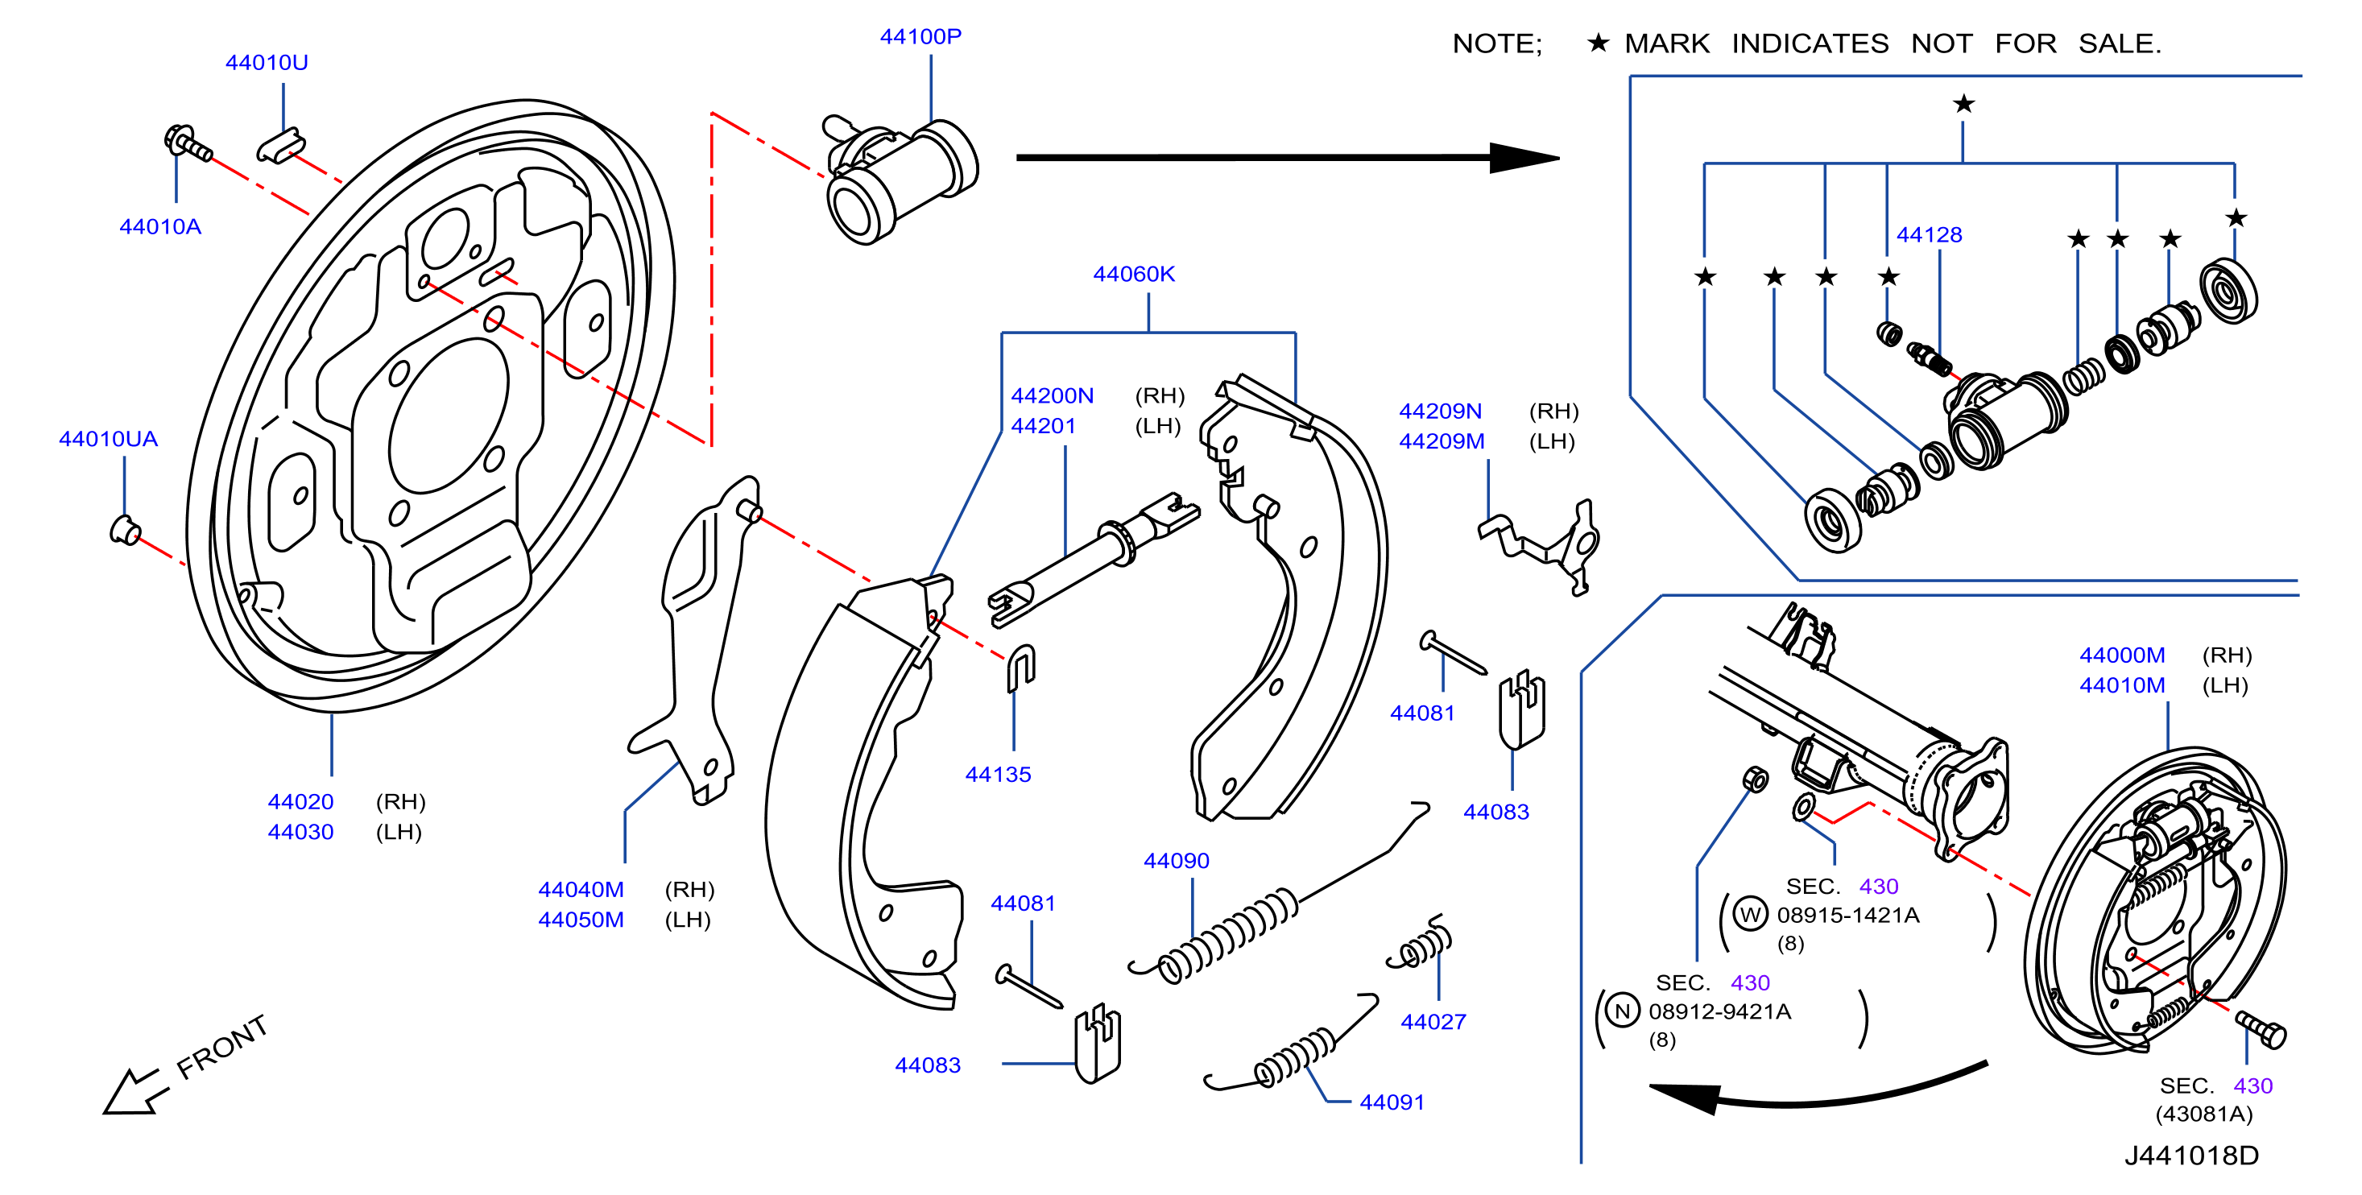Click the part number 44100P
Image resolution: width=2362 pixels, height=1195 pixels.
click(x=920, y=37)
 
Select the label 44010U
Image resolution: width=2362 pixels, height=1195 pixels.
click(x=267, y=62)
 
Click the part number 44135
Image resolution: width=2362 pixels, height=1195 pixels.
click(x=999, y=774)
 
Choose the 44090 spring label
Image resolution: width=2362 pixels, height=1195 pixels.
click(x=1177, y=860)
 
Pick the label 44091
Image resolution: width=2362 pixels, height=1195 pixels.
click(x=1392, y=1102)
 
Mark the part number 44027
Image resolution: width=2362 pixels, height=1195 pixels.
click(x=1433, y=1021)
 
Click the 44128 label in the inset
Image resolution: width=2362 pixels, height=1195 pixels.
click(x=1930, y=235)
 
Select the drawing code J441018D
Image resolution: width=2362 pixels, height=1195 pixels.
click(x=2191, y=1155)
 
